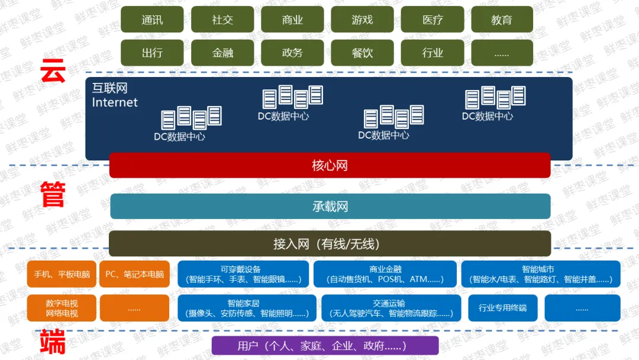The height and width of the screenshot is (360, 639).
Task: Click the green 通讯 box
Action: click(152, 19)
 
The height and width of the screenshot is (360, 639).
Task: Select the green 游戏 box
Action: click(362, 19)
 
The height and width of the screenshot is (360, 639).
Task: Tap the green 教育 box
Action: click(502, 19)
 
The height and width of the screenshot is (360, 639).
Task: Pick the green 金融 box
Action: click(222, 53)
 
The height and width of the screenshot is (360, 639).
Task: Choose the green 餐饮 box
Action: click(362, 53)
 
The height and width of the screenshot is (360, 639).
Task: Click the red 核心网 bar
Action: click(330, 165)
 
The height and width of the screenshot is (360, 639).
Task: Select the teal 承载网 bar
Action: click(330, 206)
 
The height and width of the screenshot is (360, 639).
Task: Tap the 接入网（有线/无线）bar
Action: click(330, 244)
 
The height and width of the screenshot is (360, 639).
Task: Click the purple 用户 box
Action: click(325, 346)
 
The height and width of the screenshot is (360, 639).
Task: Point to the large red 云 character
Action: click(53, 70)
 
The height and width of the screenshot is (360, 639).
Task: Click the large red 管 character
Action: click(53, 194)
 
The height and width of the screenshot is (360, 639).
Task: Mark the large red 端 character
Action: click(53, 341)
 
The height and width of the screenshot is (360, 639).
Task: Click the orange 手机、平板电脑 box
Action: click(62, 274)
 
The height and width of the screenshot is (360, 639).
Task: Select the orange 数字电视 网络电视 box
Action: click(62, 308)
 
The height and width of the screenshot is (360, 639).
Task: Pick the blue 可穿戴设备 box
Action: click(243, 274)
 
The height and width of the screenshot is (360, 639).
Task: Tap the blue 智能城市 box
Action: click(541, 274)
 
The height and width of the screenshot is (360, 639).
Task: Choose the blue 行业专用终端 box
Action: click(503, 308)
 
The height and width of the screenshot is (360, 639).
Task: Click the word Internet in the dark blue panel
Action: click(115, 102)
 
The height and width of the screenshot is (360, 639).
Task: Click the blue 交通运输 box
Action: click(391, 308)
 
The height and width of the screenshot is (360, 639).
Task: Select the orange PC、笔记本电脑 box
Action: click(134, 274)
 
